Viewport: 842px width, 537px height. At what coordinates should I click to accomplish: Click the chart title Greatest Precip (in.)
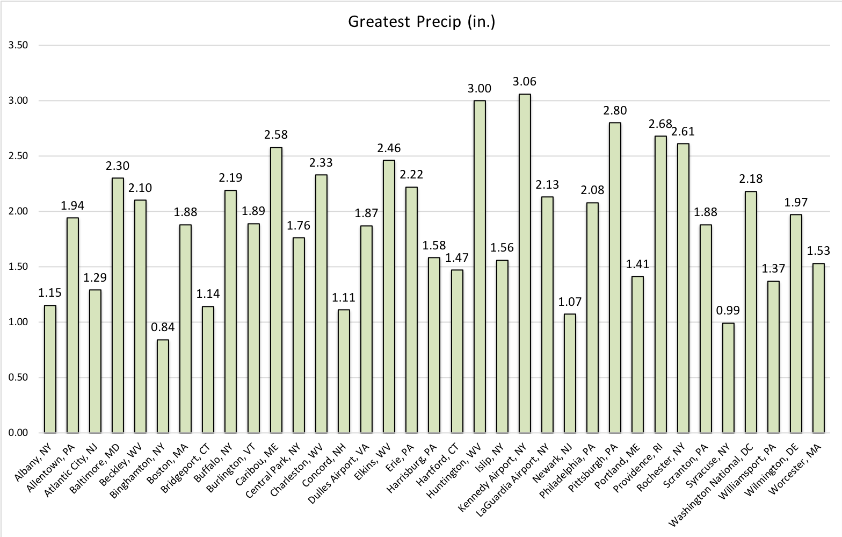421,22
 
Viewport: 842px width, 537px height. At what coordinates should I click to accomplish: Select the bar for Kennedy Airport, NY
525,263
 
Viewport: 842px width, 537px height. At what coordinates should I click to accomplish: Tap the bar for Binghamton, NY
163,386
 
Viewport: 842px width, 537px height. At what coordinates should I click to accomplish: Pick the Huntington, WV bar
480,267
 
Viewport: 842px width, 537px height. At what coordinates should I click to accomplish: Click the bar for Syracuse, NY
728,378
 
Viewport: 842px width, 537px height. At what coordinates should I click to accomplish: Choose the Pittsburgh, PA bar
615,277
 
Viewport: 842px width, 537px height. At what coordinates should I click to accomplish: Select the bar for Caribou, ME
276,290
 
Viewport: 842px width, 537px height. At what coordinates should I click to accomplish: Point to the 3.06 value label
525,82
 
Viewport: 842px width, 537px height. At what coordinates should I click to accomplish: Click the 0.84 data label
163,327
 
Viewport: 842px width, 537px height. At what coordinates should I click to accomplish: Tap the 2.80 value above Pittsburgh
615,110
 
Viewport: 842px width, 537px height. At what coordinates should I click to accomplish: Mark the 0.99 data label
728,310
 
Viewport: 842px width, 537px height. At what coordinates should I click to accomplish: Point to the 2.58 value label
276,134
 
